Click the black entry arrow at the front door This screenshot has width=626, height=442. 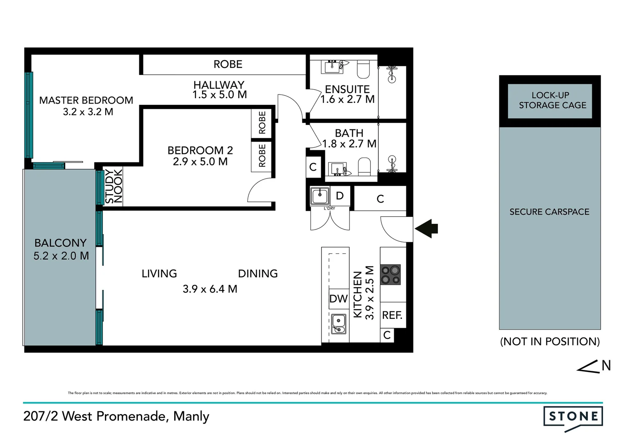pyautogui.click(x=426, y=228)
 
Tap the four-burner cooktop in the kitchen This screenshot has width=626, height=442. pyautogui.click(x=390, y=275)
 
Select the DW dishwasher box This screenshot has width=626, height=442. pyautogui.click(x=338, y=299)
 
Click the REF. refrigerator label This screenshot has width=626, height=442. pyautogui.click(x=392, y=315)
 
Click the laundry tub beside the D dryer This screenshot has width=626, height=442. pyautogui.click(x=320, y=196)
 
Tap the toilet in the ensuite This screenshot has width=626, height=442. pyautogui.click(x=363, y=69)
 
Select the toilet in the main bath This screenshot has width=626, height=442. pyautogui.click(x=364, y=167)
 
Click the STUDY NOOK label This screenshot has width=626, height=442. pyautogui.click(x=113, y=186)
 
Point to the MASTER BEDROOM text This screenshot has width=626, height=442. pyautogui.click(x=86, y=100)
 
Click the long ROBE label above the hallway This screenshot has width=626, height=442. pyautogui.click(x=228, y=64)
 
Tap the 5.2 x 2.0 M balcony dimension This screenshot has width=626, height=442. pyautogui.click(x=61, y=256)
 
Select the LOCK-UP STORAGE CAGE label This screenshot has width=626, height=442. pyautogui.click(x=552, y=100)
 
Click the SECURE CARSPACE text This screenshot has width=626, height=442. pyautogui.click(x=549, y=212)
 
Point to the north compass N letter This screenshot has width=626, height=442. pyautogui.click(x=606, y=365)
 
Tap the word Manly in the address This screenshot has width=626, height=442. pyautogui.click(x=191, y=416)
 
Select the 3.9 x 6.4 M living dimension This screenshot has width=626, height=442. pyautogui.click(x=210, y=289)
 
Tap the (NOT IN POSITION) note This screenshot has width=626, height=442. pyautogui.click(x=550, y=341)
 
